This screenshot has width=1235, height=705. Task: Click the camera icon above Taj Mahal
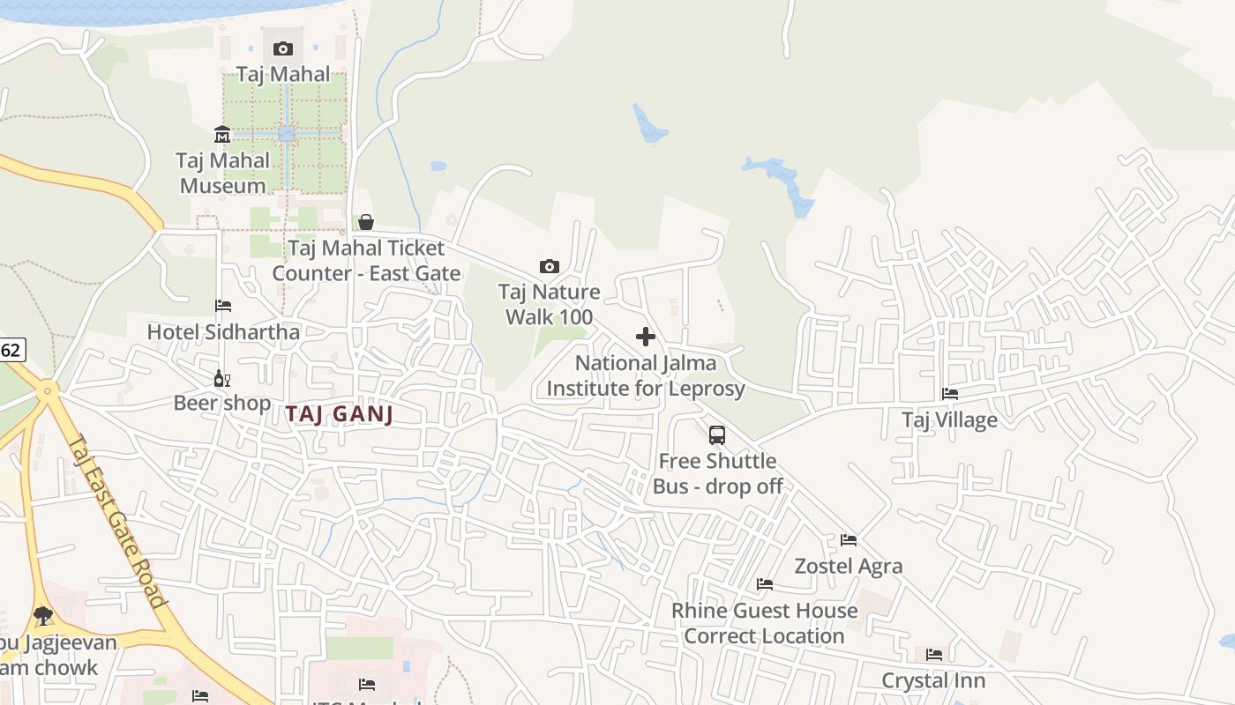(283, 48)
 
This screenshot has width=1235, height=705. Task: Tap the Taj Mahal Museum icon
(222, 135)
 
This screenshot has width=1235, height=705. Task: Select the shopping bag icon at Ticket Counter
(366, 222)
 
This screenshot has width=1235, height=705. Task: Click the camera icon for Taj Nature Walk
(549, 266)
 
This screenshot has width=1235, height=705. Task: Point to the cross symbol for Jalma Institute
(646, 337)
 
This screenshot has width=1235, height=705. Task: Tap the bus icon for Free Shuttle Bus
(717, 434)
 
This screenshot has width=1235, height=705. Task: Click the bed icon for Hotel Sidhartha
(223, 306)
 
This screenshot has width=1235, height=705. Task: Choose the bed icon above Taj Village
(950, 394)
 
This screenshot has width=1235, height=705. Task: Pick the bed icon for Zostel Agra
(849, 539)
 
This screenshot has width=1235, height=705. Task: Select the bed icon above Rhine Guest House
(765, 584)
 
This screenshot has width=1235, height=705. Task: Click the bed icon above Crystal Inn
(934, 655)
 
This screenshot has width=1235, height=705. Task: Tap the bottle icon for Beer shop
(221, 379)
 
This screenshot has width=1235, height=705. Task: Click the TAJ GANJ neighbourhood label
(339, 414)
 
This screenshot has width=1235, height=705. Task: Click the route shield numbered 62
(11, 350)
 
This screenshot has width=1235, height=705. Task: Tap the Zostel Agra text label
(849, 566)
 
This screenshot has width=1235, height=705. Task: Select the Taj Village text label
(949, 419)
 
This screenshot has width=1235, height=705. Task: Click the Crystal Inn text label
(933, 680)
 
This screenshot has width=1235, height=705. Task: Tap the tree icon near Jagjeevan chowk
(42, 615)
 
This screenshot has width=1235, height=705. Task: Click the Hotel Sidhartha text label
(223, 332)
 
